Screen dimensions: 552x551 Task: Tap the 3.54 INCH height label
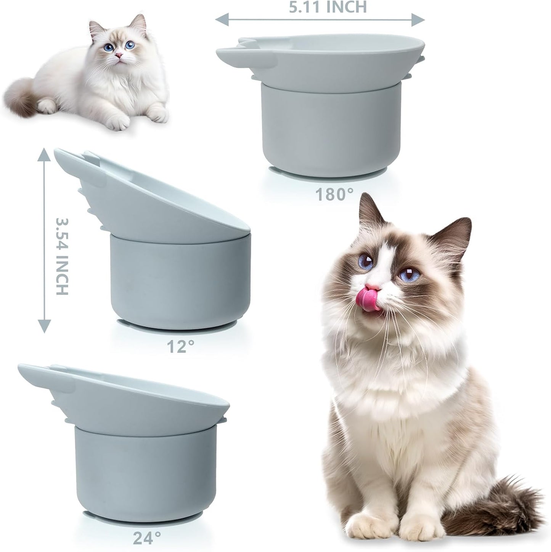62,256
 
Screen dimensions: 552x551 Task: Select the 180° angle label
335,195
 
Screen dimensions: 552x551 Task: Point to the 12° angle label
180,346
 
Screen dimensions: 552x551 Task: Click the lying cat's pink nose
120,56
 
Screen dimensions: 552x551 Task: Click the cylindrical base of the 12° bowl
179,282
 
